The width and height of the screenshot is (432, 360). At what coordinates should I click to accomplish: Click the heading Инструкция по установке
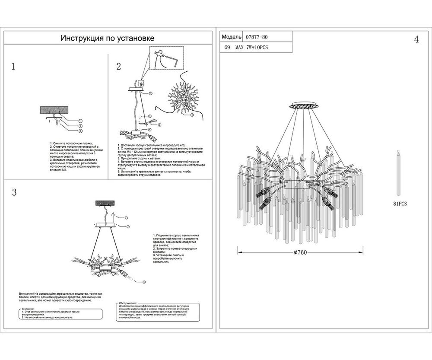pyautogui.click(x=108, y=38)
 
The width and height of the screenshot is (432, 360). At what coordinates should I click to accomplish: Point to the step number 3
pyautogui.click(x=14, y=193)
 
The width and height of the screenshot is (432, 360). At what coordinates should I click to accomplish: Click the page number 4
pyautogui.click(x=416, y=40)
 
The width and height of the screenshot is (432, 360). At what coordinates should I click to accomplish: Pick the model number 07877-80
pyautogui.click(x=259, y=38)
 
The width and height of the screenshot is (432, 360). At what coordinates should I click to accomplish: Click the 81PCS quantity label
pyautogui.click(x=400, y=202)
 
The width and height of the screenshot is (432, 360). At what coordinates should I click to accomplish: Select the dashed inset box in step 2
pyautogui.click(x=166, y=58)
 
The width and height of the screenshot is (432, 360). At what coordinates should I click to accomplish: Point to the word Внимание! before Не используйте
pyautogui.click(x=29, y=293)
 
